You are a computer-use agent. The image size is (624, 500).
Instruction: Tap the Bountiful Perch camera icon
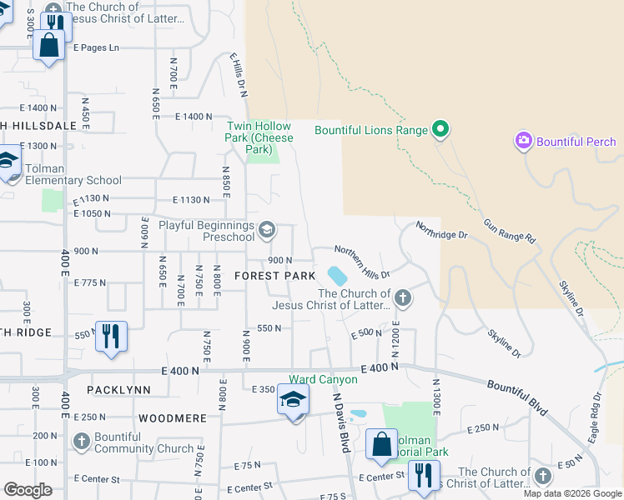[524, 141]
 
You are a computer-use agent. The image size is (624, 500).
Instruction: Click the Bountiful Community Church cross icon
[82, 441]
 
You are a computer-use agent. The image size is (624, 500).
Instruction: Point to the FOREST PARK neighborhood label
[274, 276]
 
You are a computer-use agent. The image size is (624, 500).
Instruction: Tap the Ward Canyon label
[323, 379]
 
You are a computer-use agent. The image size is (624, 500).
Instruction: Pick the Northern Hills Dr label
[362, 258]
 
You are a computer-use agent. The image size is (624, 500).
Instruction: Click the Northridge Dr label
[441, 229]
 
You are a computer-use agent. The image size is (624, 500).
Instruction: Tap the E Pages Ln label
[96, 47]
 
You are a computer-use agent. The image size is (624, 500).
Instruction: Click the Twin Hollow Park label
[260, 137]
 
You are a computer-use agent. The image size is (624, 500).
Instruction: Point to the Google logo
[28, 490]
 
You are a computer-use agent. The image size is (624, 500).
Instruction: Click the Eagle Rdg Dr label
[595, 417]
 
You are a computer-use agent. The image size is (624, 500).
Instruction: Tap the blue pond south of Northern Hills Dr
[336, 275]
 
